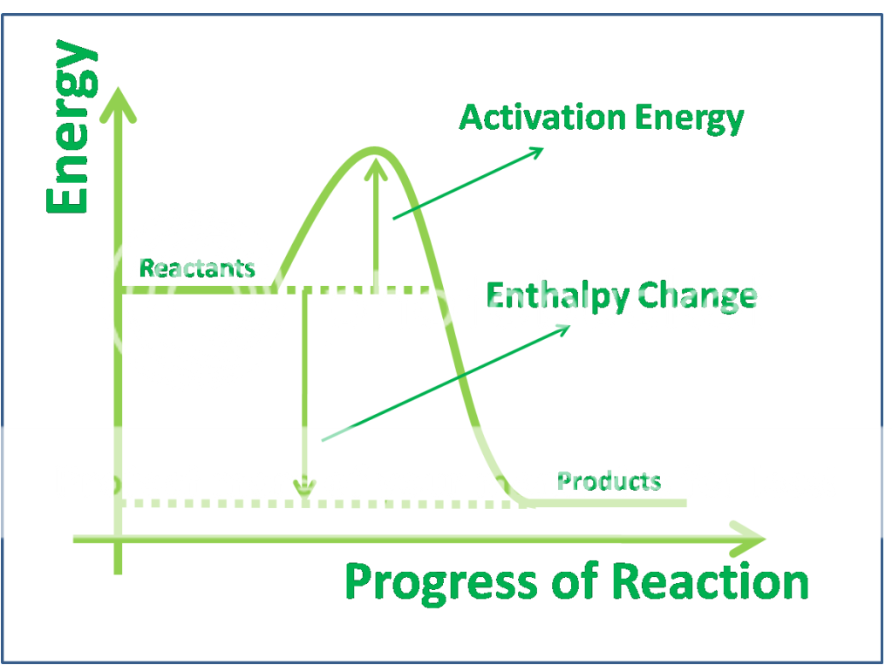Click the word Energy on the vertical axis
[71, 126]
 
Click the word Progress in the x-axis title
[441, 583]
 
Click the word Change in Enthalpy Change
[698, 296]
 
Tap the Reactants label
[197, 268]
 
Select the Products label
[609, 481]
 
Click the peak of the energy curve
[374, 150]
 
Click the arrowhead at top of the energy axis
[119, 104]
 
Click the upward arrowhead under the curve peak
[376, 169]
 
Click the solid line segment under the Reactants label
[197, 289]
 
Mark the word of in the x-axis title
[575, 580]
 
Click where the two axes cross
[118, 539]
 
